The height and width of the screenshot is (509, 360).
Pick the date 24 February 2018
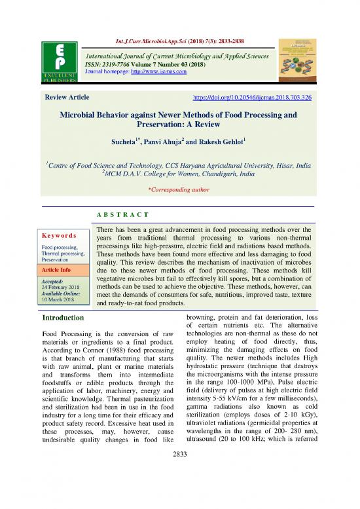point(63,288)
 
